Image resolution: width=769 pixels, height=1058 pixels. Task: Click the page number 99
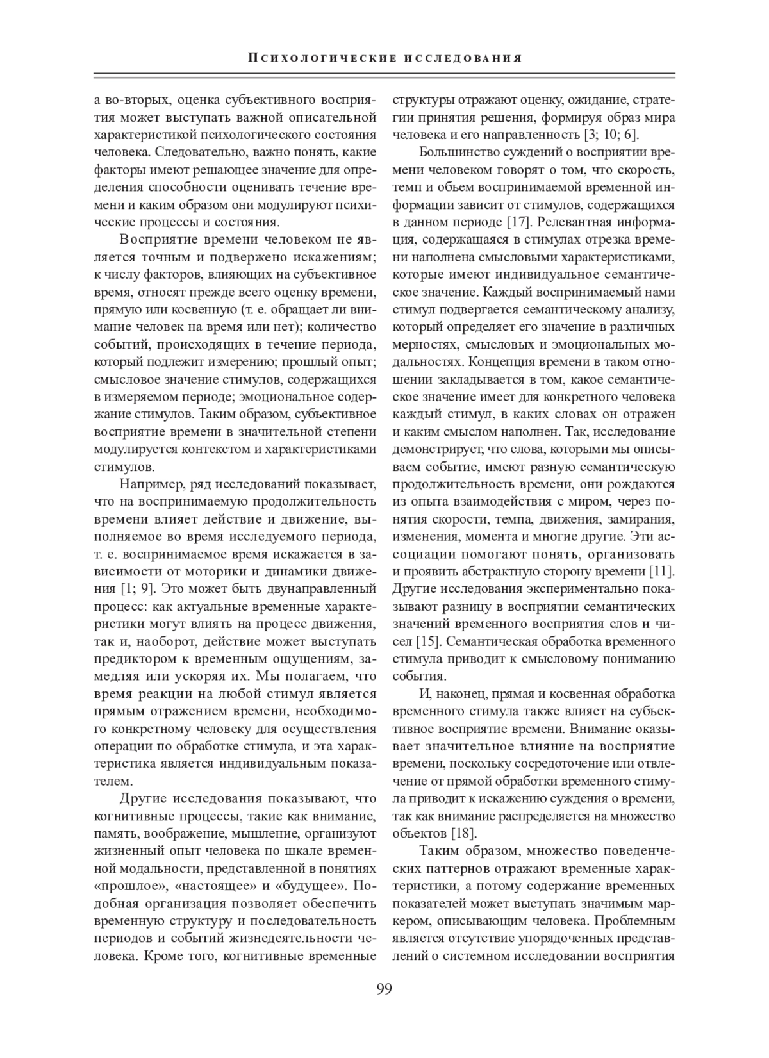(384, 988)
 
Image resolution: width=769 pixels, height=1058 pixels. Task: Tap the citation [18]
(463, 833)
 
